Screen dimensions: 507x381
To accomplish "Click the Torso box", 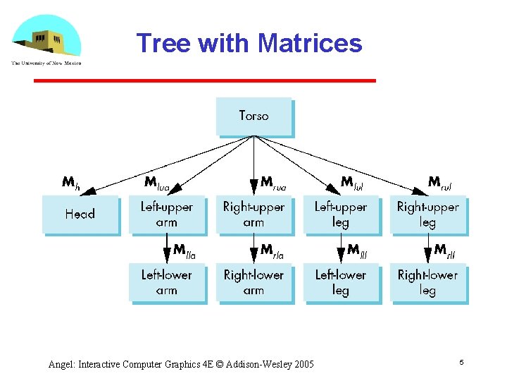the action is click(x=254, y=116).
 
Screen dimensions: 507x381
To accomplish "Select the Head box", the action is click(x=80, y=214).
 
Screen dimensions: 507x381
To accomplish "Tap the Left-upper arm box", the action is click(x=167, y=214).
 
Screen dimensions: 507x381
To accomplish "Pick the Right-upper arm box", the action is click(x=254, y=214).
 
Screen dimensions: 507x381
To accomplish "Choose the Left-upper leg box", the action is click(x=341, y=214).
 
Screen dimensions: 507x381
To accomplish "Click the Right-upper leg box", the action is click(x=428, y=214).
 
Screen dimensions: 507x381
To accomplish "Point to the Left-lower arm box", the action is click(x=167, y=282).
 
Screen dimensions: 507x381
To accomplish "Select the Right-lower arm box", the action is click(x=254, y=282).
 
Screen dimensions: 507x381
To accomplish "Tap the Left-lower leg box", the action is click(x=341, y=282).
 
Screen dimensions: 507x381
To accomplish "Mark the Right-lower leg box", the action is click(x=428, y=282).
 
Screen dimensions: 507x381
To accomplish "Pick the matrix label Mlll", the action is click(x=358, y=250).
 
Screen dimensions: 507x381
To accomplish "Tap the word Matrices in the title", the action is click(x=310, y=44).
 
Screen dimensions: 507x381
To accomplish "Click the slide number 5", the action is click(x=461, y=363).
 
